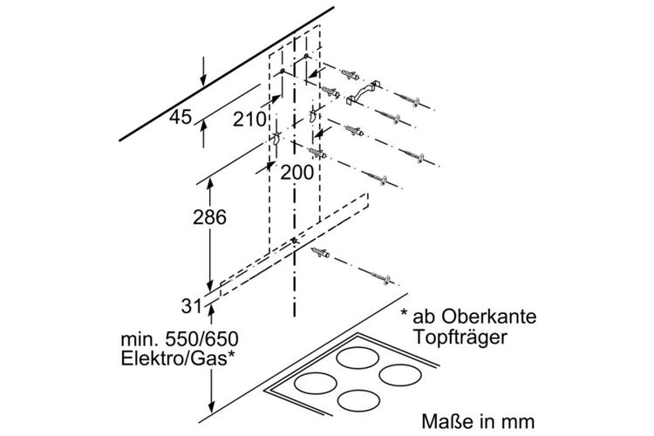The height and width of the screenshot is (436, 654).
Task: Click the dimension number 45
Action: pyautogui.click(x=181, y=117)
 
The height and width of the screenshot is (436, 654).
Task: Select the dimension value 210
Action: pyautogui.click(x=249, y=119)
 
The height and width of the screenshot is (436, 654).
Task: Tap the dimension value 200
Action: pyautogui.click(x=296, y=173)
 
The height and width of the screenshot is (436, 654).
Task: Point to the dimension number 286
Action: pyautogui.click(x=209, y=217)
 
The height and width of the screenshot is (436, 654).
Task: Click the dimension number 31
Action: pyautogui.click(x=192, y=307)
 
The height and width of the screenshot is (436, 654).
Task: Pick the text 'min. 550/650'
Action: pyautogui.click(x=180, y=339)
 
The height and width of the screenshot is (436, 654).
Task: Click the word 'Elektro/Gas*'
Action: pyautogui.click(x=177, y=358)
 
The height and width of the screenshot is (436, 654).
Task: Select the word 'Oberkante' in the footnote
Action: pyautogui.click(x=489, y=317)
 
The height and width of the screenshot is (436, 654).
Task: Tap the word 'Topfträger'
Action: pyautogui.click(x=460, y=337)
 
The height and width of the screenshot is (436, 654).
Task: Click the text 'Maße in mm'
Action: pyautogui.click(x=478, y=421)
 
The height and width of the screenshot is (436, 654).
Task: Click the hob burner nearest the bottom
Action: pyautogui.click(x=357, y=400)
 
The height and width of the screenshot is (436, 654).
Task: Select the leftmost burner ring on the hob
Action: pyautogui.click(x=316, y=384)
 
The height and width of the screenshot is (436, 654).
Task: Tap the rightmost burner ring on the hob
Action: pyautogui.click(x=401, y=375)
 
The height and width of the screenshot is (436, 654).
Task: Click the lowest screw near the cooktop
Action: pyautogui.click(x=380, y=277)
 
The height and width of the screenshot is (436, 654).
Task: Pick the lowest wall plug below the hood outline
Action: pyautogui.click(x=320, y=253)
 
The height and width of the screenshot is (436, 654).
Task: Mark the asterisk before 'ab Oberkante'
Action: pyautogui.click(x=404, y=313)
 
